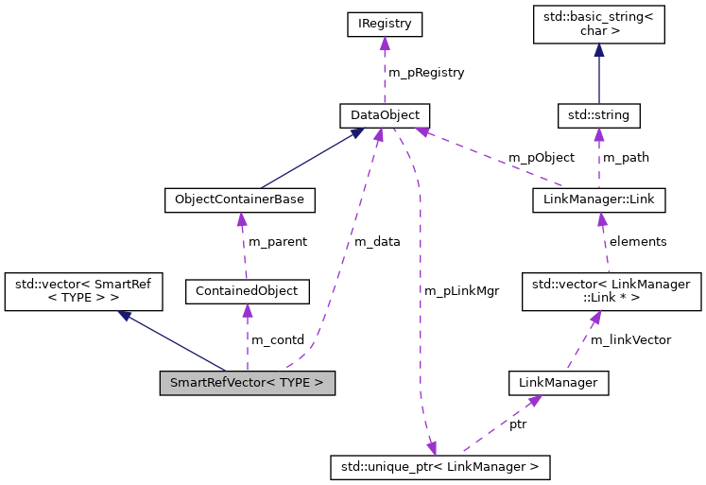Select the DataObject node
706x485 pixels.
385,115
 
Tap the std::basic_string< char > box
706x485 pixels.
598,25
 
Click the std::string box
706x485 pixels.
598,115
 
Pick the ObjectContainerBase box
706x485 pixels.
239,200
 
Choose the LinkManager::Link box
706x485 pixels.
599,200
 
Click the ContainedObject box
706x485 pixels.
248,291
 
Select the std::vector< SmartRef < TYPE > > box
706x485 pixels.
84,291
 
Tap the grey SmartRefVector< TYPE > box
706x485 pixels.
247,383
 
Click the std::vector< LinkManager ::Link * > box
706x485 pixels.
616,291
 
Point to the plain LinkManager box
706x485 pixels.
558,383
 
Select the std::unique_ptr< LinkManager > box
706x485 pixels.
439,466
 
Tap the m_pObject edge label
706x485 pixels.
541,157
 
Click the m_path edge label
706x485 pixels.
626,157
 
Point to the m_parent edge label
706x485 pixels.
277,241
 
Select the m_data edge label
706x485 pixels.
377,241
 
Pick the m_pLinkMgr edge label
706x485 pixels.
462,290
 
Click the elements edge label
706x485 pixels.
638,241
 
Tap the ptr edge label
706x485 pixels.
518,424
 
